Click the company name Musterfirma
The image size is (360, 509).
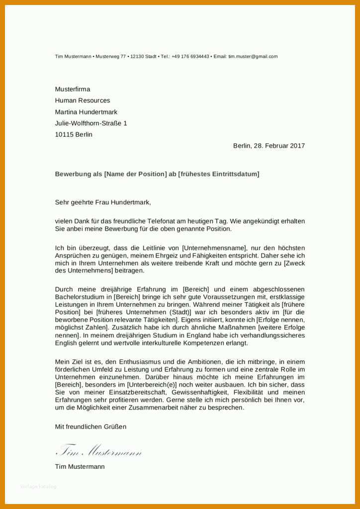tap(73, 89)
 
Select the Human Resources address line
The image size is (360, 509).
tap(83, 100)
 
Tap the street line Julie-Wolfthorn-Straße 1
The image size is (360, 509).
tap(91, 123)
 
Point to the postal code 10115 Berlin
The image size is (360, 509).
tap(74, 134)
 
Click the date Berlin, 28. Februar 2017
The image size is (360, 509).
tap(269, 146)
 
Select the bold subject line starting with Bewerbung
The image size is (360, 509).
tap(157, 174)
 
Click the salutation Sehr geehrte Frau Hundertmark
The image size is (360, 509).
tap(102, 202)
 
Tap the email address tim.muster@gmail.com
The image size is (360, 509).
tap(253, 57)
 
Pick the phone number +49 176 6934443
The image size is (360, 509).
tap(190, 57)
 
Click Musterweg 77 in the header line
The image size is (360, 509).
tap(111, 57)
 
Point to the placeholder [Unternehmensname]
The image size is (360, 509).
tap(214, 248)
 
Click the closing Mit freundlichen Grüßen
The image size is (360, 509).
tap(90, 426)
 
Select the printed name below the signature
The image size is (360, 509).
tap(80, 467)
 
